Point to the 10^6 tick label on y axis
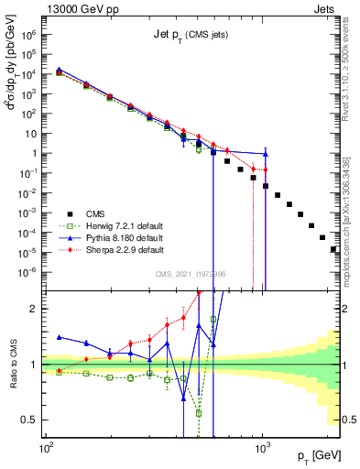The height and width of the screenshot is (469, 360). coord(29,34)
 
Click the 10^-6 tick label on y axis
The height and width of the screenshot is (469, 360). coord(28,272)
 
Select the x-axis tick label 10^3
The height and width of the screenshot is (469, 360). coord(263,450)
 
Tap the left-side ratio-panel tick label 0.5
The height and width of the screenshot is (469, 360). coord(32,420)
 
